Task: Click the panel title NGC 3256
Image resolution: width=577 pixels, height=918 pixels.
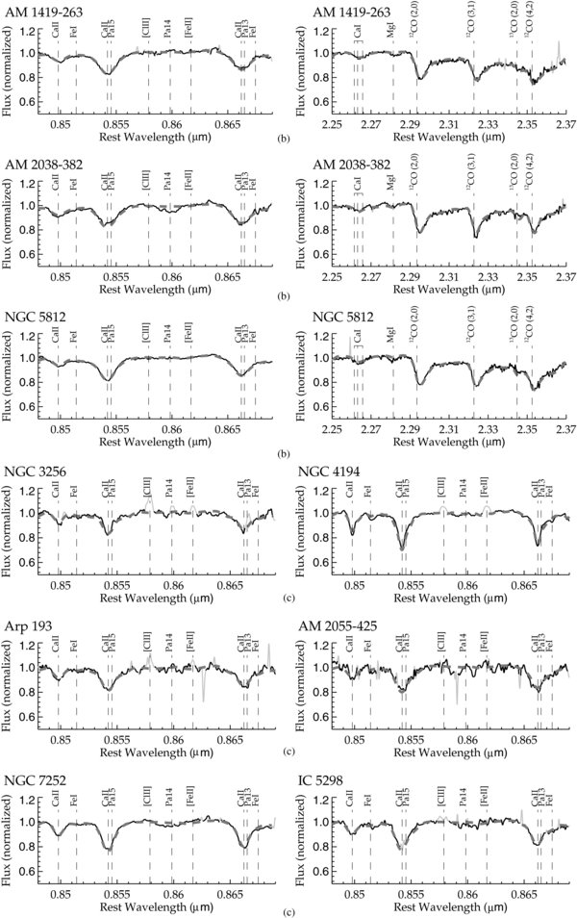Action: tap(38, 473)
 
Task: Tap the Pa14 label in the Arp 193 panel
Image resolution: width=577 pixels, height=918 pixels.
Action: tap(169, 643)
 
